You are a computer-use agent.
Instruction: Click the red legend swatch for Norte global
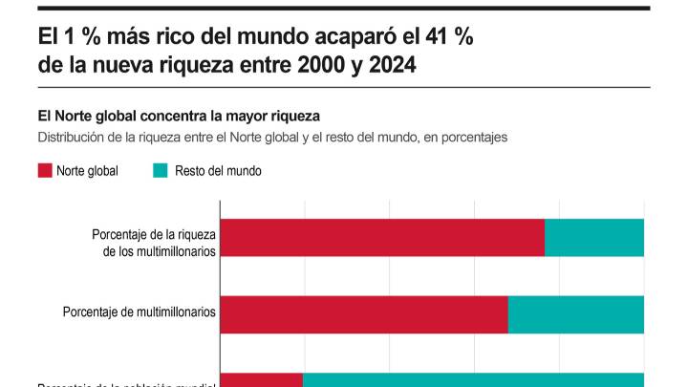tap(44, 171)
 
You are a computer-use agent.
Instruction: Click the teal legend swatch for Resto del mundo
tap(160, 171)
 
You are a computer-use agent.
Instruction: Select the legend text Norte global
tap(87, 171)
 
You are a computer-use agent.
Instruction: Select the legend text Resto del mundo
tap(218, 171)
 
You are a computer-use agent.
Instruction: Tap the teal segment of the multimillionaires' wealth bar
tap(594, 237)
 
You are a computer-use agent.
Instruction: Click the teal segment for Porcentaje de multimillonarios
tap(576, 313)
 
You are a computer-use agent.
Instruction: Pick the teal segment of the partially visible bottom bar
tap(473, 379)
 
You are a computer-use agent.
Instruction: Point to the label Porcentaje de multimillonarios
tap(140, 312)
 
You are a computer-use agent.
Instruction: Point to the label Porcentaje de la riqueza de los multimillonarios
tap(154, 243)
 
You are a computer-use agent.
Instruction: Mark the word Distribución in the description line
tap(74, 137)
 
